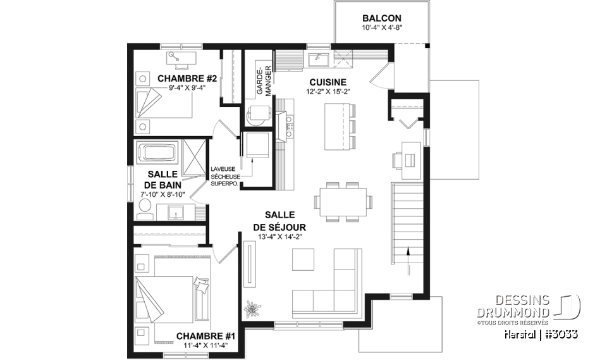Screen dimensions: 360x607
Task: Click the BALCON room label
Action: click(x=382, y=18)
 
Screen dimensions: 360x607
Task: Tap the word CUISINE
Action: click(x=328, y=82)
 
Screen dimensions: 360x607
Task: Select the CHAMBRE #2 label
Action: click(x=178, y=78)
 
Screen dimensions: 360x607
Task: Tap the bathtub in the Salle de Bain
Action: click(x=158, y=153)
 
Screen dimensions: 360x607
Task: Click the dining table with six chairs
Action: click(x=343, y=202)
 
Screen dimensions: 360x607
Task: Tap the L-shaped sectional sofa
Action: click(x=332, y=285)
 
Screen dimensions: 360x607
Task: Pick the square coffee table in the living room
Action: click(x=303, y=259)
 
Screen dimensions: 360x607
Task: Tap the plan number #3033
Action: click(x=559, y=333)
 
